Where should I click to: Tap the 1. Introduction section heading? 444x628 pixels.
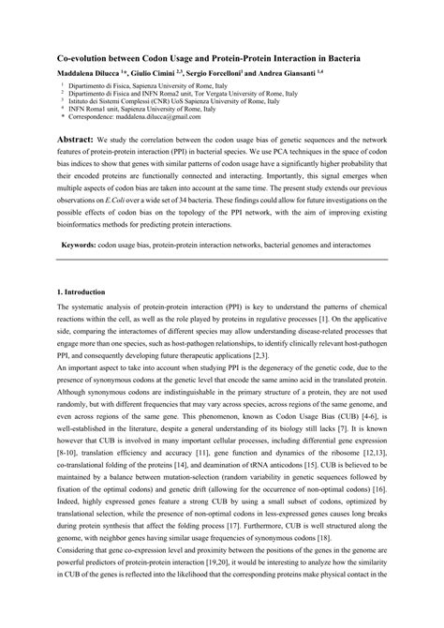pos(93,292)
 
